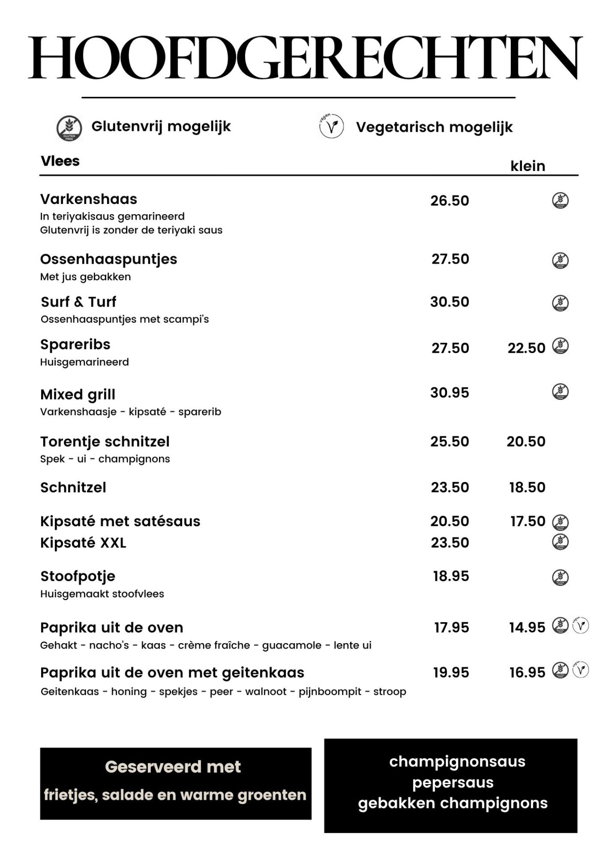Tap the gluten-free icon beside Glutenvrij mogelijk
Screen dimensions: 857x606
tap(69, 128)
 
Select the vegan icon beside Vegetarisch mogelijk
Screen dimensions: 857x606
tap(331, 126)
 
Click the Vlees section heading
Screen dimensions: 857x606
tap(60, 161)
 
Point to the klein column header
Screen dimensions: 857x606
tap(527, 166)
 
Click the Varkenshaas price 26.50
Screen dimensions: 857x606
tap(450, 201)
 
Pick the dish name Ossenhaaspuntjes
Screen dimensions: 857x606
tap(109, 259)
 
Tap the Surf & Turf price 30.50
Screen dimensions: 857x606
tap(450, 302)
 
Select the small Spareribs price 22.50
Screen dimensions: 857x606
tap(526, 348)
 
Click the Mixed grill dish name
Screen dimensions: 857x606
tap(78, 395)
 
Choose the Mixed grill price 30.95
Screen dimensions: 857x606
tap(450, 393)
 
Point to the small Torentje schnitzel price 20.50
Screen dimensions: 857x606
tap(526, 441)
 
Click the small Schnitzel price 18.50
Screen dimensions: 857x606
tap(527, 487)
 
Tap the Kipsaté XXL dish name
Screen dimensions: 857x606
tap(83, 543)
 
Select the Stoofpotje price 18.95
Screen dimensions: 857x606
tap(451, 576)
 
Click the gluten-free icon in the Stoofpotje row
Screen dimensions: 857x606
tap(560, 577)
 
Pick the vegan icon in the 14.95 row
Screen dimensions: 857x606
tap(581, 626)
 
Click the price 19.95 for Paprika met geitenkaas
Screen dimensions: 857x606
tap(451, 673)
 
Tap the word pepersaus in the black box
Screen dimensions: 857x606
tap(453, 782)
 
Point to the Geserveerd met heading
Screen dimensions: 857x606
tap(173, 767)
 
